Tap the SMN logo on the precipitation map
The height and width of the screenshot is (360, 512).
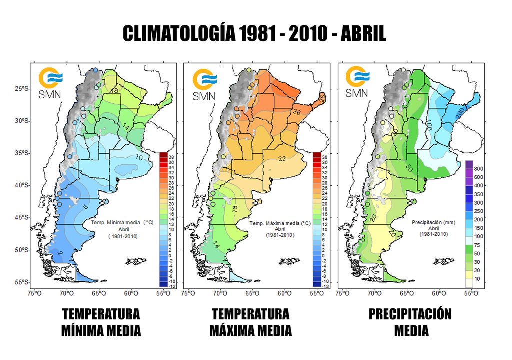pos(357,83)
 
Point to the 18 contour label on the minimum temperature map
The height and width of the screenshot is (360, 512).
pos(114,90)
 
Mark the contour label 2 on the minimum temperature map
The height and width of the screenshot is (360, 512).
pos(59,254)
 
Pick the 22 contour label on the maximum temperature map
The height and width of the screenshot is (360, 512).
pos(282,159)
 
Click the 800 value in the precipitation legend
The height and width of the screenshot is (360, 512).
pos(479,169)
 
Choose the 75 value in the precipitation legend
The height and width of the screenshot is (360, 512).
pos(479,245)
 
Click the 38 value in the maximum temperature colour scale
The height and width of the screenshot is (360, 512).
pos(325,157)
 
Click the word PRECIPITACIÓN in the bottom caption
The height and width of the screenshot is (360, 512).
pos(410,314)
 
